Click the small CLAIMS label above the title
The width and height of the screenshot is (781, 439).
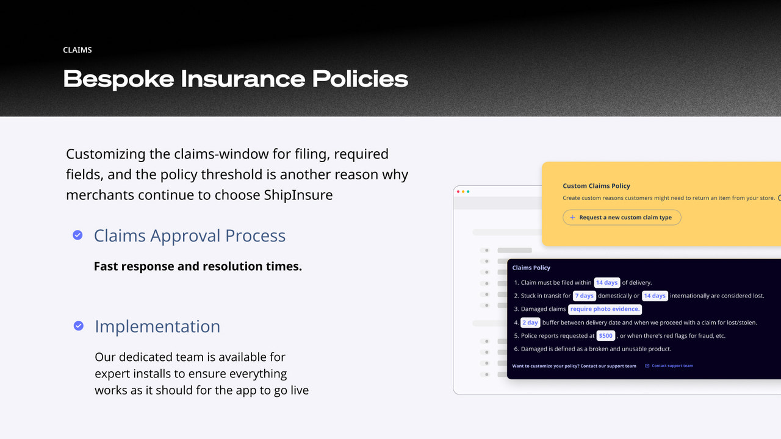pyautogui.click(x=77, y=50)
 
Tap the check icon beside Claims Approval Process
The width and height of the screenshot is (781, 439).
pyautogui.click(x=77, y=235)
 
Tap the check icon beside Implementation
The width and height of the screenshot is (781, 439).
pyautogui.click(x=79, y=326)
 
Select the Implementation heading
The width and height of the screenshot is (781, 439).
pyautogui.click(x=157, y=326)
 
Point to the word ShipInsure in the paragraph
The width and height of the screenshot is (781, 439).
pyautogui.click(x=298, y=195)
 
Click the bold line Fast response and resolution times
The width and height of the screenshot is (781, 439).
pyautogui.click(x=198, y=266)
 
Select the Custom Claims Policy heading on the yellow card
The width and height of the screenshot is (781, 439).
pyautogui.click(x=596, y=186)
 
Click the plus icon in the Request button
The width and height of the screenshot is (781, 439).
pyautogui.click(x=572, y=218)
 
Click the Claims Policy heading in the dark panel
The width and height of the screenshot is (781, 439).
pyautogui.click(x=531, y=268)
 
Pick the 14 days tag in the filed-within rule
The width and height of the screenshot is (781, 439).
pyautogui.click(x=606, y=283)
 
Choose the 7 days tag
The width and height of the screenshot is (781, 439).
pyautogui.click(x=584, y=296)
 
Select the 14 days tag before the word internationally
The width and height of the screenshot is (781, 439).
pyautogui.click(x=655, y=296)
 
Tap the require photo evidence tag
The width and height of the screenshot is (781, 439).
pyautogui.click(x=605, y=309)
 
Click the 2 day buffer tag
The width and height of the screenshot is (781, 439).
pyautogui.click(x=530, y=323)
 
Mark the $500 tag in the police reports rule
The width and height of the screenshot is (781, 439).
pyautogui.click(x=605, y=336)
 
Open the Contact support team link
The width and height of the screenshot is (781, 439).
pyautogui.click(x=672, y=366)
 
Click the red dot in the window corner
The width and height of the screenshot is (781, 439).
pyautogui.click(x=458, y=191)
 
